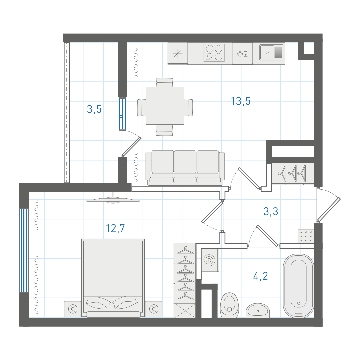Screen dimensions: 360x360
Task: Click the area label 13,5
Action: [241, 101]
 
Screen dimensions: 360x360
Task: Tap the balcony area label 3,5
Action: [94, 109]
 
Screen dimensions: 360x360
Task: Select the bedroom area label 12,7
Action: [115, 228]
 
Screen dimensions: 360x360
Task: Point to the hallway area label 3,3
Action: [271, 211]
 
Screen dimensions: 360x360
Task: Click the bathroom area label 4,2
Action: [261, 276]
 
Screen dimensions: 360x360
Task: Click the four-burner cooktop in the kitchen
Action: [214, 53]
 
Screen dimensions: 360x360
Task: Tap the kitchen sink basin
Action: [267, 53]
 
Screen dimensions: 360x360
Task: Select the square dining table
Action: [165, 106]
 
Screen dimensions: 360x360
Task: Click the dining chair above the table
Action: [164, 82]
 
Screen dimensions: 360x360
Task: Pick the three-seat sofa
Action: [185, 168]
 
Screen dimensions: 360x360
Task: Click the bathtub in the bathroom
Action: [298, 286]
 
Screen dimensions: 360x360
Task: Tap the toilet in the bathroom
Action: [229, 305]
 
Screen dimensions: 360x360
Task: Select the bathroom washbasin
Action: [258, 310]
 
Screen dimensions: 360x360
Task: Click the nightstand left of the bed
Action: [73, 309]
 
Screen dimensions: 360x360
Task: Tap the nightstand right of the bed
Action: [154, 309]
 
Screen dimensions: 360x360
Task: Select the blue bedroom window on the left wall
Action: [24, 250]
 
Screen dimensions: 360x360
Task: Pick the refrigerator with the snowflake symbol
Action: [178, 53]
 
